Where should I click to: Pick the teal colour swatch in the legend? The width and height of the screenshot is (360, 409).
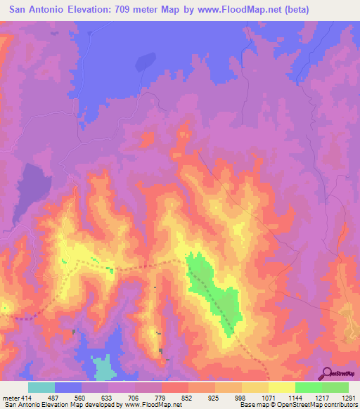(41, 387)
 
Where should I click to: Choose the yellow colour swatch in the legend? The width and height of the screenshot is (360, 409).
(281, 387)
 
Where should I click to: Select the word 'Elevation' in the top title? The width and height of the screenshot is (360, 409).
(89, 10)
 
